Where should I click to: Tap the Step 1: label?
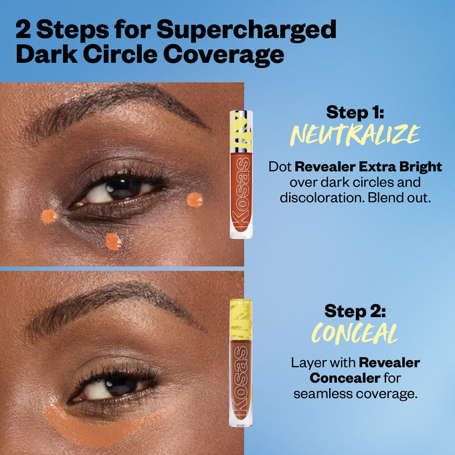(355, 112)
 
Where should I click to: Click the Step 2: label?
(355, 311)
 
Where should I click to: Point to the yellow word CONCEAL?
(355, 334)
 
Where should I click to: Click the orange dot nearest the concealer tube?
(194, 199)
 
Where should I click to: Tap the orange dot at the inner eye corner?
(48, 215)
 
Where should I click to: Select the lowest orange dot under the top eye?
(113, 242)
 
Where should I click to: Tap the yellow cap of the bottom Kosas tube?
(241, 318)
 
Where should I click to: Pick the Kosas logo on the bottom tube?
(242, 388)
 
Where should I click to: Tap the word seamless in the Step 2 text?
(324, 394)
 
